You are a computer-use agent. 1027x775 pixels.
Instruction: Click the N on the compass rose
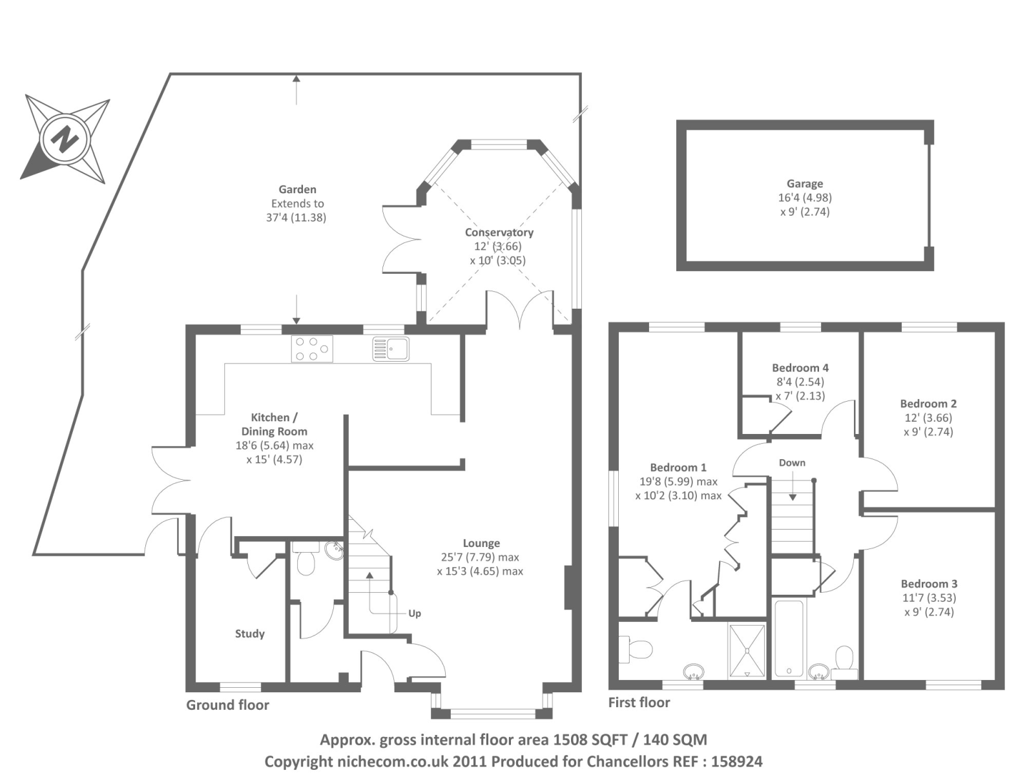click(65, 138)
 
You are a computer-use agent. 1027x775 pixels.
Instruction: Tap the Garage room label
click(804, 184)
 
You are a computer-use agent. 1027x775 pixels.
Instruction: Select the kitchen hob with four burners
click(312, 349)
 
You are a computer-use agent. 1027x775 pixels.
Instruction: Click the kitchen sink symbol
click(391, 349)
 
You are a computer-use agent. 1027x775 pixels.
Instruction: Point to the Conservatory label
click(499, 232)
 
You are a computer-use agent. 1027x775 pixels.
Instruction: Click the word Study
click(249, 634)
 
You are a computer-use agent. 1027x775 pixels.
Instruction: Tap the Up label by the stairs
click(415, 613)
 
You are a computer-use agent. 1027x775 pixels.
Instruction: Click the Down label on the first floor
click(792, 462)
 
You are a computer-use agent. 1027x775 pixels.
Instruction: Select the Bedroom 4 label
click(800, 367)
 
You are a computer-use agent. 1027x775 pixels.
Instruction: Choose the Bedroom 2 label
click(928, 404)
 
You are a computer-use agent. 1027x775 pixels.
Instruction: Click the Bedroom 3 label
click(929, 584)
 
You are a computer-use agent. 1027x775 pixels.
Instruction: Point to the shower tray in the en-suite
click(747, 650)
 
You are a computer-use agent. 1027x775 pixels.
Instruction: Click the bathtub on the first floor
click(789, 639)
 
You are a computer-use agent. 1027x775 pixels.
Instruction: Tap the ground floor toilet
click(306, 563)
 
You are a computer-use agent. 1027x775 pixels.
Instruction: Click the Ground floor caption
click(227, 705)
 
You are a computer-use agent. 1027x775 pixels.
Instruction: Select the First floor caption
click(639, 703)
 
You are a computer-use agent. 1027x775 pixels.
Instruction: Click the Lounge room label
click(481, 543)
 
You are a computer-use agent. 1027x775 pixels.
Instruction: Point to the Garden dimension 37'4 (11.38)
click(296, 218)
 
